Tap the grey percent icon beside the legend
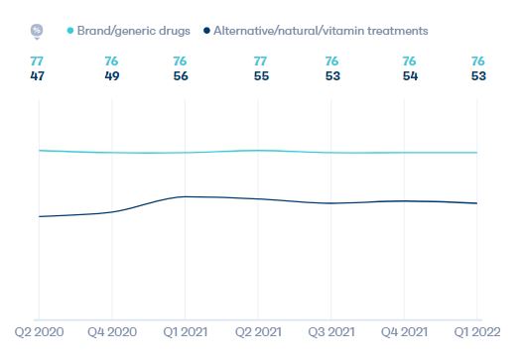pyautogui.click(x=37, y=31)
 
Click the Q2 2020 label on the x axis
pyautogui.click(x=39, y=330)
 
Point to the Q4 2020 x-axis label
pyautogui.click(x=112, y=330)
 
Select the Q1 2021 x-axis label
pyautogui.click(x=186, y=330)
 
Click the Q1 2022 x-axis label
pyautogui.click(x=477, y=330)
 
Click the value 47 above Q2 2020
pyautogui.click(x=39, y=76)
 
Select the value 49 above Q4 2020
pyautogui.click(x=112, y=76)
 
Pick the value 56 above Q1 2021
pyautogui.click(x=181, y=76)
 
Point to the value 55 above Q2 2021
pyautogui.click(x=260, y=76)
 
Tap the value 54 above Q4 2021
pyautogui.click(x=408, y=76)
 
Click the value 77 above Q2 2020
pyautogui.click(x=39, y=60)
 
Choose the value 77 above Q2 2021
pyautogui.click(x=260, y=60)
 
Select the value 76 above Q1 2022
pyautogui.click(x=477, y=60)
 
